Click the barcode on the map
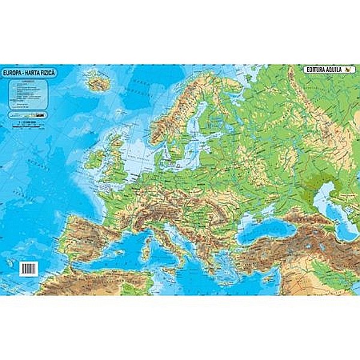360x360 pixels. coord(28,268)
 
